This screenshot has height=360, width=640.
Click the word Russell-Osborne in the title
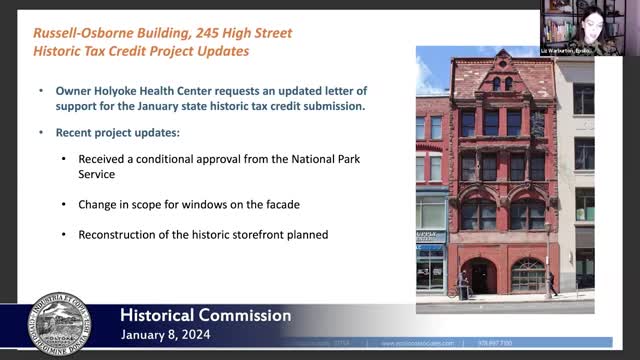point(85,32)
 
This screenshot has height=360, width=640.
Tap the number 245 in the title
point(211,32)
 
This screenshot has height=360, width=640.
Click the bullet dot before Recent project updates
point(42,132)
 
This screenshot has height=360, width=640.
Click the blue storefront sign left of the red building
point(429,237)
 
